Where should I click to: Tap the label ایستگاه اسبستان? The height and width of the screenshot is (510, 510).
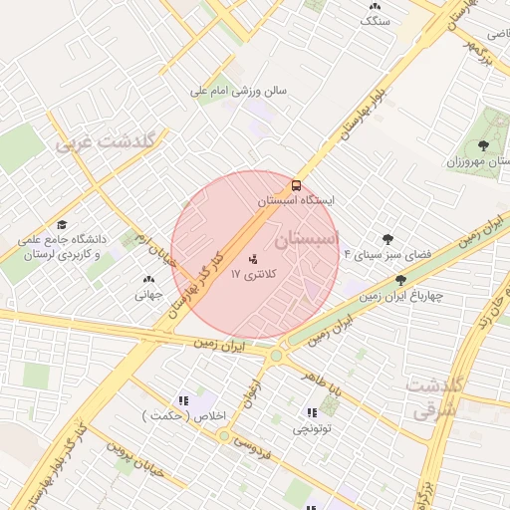pyautogui.click(x=296, y=200)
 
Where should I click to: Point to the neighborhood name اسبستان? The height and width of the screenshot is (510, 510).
pyautogui.click(x=306, y=239)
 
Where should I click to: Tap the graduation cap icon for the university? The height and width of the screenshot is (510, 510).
pyautogui.click(x=62, y=225)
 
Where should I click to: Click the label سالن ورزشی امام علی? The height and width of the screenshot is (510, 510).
pyautogui.click(x=240, y=91)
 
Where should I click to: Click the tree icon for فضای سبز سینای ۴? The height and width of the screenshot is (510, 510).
pyautogui.click(x=388, y=239)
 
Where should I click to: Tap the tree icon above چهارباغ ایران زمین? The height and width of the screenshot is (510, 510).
pyautogui.click(x=401, y=281)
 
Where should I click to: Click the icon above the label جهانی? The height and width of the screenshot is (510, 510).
pyautogui.click(x=148, y=280)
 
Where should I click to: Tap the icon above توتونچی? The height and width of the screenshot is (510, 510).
pyautogui.click(x=311, y=412)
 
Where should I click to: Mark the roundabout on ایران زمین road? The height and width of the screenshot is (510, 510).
pyautogui.click(x=276, y=354)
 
